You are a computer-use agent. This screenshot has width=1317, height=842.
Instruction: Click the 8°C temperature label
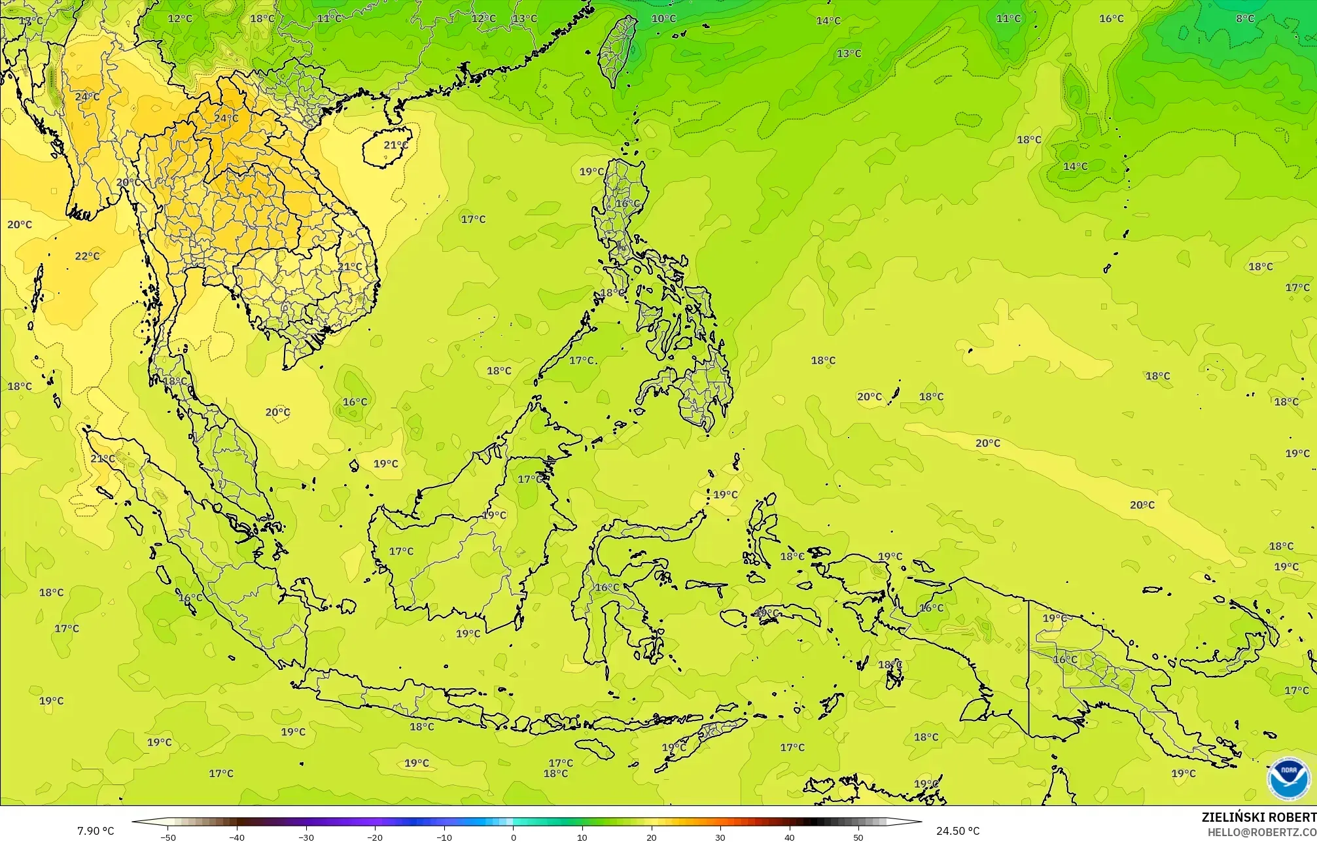pos(1244,18)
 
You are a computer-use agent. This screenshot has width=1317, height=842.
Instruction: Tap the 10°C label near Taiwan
pos(663,18)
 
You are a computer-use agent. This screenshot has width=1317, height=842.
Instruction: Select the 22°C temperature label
pos(87,256)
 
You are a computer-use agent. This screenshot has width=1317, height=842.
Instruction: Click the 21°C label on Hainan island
pos(395,145)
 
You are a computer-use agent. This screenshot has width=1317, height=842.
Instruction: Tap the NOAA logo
pos(1288,778)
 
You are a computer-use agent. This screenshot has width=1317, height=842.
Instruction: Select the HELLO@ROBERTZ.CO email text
pos(1261,832)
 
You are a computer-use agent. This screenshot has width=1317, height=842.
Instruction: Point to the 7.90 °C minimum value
pos(96,831)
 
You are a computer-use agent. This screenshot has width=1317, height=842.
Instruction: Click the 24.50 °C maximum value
pos(958,831)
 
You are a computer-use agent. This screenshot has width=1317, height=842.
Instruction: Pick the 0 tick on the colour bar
pos(514,837)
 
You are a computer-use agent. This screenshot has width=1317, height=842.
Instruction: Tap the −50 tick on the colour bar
pos(168,837)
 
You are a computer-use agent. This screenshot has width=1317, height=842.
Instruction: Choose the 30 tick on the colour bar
pos(720,837)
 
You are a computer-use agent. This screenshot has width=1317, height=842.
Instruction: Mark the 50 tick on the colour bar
pos(858,837)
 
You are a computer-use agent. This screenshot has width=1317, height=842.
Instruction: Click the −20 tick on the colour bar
pos(375,837)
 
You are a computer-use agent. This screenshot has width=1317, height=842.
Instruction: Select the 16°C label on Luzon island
pos(627,203)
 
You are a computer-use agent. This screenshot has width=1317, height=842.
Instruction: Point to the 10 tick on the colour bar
pos(582,837)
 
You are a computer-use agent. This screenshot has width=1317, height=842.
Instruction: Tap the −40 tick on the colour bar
pos(237,837)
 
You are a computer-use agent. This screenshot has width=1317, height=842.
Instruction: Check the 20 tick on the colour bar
pos(652,837)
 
